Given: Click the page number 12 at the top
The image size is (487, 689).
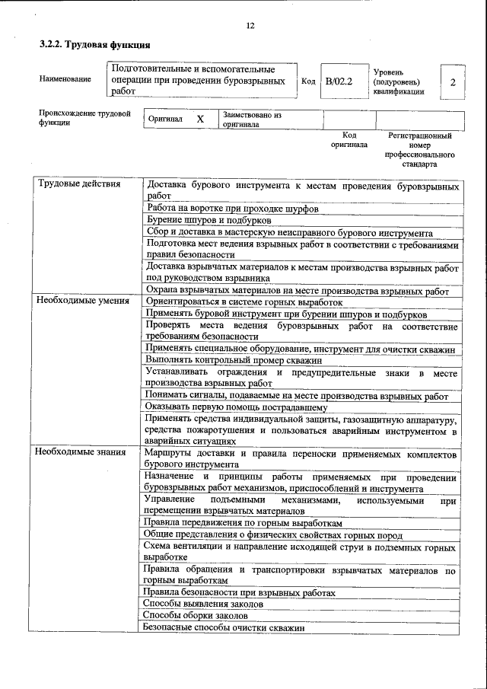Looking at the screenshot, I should click(x=250, y=26).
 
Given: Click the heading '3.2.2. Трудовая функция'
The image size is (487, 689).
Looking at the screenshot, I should click(x=94, y=45).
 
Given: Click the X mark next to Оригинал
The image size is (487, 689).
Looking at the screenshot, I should click(x=200, y=120).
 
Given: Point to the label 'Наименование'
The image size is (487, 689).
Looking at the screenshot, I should click(x=65, y=79).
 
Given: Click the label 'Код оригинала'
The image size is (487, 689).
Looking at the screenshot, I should click(x=349, y=139).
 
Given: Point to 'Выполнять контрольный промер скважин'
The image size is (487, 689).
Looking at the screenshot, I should click(x=234, y=360).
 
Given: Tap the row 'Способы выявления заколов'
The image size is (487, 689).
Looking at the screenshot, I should click(x=203, y=604).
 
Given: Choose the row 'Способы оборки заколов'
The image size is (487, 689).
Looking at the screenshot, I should click(x=196, y=615).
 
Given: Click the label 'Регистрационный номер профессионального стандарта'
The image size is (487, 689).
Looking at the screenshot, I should click(x=419, y=149).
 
